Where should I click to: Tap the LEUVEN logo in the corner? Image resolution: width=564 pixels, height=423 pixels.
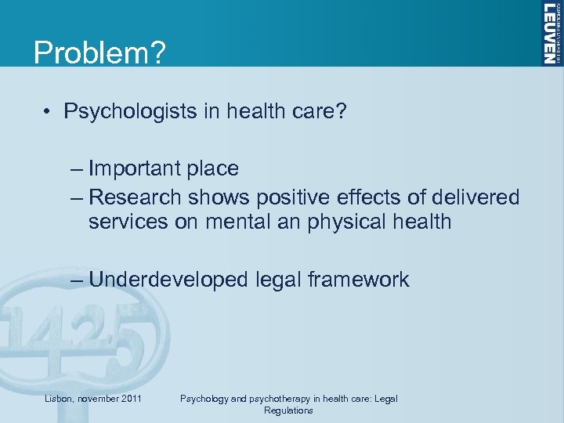point(551,34)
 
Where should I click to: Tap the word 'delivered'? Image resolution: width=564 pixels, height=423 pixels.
point(473,196)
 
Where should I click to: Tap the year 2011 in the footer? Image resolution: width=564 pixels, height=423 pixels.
point(131,399)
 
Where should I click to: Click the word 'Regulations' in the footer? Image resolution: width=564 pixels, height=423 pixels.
point(288,410)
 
